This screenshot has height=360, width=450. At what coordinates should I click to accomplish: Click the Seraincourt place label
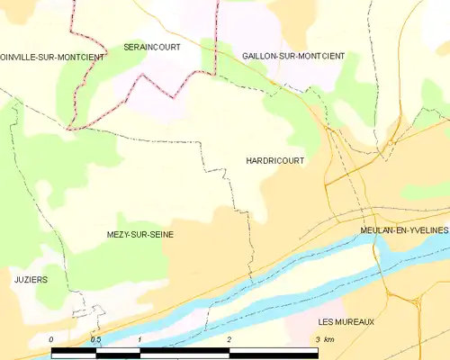point(151,46)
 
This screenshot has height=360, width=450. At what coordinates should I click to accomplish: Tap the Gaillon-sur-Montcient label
point(293,56)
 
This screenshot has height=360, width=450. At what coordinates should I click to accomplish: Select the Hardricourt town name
point(274,160)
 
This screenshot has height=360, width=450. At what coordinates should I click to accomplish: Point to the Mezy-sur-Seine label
point(139,234)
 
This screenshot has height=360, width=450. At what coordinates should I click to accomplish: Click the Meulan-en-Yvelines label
point(404,230)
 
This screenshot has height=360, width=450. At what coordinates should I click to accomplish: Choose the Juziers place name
point(31,280)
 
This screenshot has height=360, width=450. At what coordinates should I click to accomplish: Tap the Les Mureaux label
point(346,321)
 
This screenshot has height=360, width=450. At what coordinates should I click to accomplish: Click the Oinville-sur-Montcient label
point(52,57)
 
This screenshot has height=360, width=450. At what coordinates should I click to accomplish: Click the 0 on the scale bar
point(52,339)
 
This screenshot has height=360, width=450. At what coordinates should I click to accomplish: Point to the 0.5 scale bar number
point(95,339)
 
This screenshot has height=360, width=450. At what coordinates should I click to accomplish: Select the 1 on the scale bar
point(140,339)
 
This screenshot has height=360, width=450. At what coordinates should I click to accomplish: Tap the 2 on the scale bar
point(229,339)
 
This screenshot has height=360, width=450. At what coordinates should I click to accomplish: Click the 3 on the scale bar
point(317,339)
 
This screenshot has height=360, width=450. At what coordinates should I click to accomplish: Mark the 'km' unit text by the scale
point(329,339)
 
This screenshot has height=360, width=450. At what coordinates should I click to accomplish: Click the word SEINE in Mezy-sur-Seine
point(161,234)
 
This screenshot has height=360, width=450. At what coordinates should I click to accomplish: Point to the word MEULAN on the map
point(377,230)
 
